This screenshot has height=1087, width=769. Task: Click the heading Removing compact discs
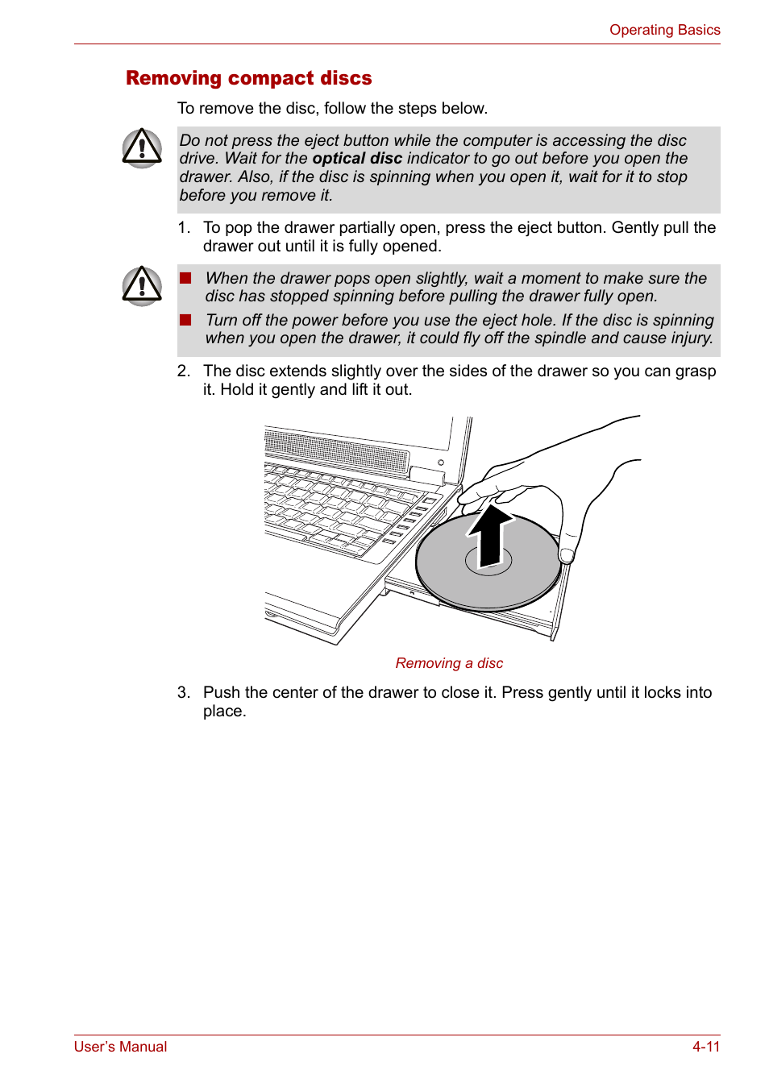(x=248, y=78)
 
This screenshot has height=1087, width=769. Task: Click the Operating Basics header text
(x=664, y=30)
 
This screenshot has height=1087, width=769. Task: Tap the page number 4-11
(x=705, y=1046)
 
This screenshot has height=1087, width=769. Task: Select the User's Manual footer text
(x=120, y=1046)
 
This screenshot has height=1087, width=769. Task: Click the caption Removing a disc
(x=449, y=663)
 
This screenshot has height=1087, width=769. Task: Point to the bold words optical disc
(x=357, y=159)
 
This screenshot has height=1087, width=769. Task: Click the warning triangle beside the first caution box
(x=142, y=148)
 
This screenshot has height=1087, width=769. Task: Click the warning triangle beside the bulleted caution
(x=142, y=286)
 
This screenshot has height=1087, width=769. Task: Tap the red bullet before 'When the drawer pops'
(x=185, y=278)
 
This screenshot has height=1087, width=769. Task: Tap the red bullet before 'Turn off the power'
(x=185, y=320)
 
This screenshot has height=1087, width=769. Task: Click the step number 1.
(x=183, y=228)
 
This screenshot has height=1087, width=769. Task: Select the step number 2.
(x=183, y=371)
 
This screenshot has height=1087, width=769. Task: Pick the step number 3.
(x=183, y=693)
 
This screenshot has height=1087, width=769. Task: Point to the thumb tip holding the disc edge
(x=567, y=554)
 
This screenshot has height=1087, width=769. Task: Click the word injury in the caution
(x=691, y=338)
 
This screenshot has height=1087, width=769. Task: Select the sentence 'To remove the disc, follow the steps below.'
(x=332, y=109)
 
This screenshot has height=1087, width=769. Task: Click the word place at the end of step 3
(x=223, y=712)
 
